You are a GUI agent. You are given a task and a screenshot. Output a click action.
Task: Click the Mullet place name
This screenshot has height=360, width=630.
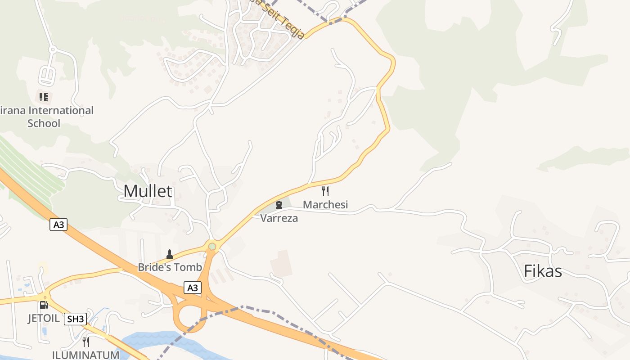tap(148, 191)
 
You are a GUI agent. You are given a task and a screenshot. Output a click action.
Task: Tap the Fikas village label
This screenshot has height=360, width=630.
tap(543, 271)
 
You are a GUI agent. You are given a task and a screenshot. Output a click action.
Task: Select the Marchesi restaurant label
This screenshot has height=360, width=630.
tap(325, 205)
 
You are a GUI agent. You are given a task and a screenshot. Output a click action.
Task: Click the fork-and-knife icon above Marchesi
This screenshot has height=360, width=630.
tap(325, 191)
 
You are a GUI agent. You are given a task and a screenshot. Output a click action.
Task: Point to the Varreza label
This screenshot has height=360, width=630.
tap(279, 218)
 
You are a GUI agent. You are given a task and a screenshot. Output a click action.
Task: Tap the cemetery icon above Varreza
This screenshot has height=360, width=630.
tap(279, 205)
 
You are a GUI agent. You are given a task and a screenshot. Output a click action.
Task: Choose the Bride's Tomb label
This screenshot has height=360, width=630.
tap(170, 267)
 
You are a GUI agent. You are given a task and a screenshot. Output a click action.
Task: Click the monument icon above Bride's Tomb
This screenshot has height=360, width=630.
tap(170, 254)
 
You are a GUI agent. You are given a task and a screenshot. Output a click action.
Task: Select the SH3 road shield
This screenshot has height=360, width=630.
tap(75, 319)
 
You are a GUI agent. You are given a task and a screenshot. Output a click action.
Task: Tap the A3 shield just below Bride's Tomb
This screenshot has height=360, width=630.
tap(192, 288)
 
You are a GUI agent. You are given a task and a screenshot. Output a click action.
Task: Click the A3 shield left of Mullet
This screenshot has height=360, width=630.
tap(58, 225)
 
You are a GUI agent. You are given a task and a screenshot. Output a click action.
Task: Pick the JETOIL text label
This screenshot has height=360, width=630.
tap(43, 318)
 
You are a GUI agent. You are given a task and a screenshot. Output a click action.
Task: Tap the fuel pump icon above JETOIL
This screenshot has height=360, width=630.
tap(44, 305)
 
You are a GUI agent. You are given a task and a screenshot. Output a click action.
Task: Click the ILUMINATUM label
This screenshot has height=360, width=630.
tap(85, 355)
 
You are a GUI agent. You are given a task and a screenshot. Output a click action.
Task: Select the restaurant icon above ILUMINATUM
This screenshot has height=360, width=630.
tap(85, 342)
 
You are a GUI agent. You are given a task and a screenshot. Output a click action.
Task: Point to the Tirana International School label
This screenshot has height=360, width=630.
tap(45, 117)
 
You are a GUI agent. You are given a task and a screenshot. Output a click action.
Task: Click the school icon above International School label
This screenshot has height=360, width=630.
tap(44, 97)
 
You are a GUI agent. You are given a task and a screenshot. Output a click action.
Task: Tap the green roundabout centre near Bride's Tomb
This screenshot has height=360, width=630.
tap(212, 246)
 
